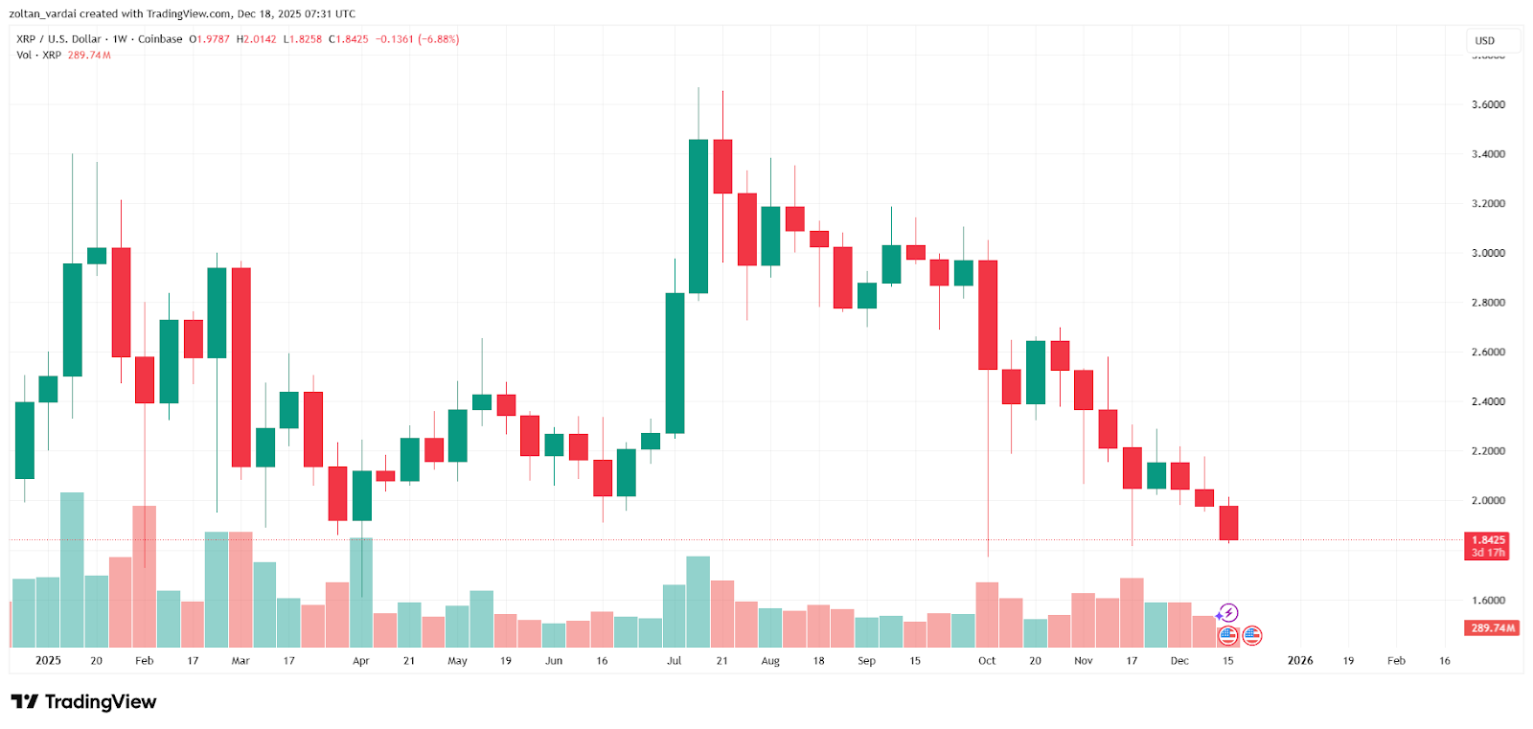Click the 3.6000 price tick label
(1487, 104)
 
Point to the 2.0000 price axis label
(1487, 500)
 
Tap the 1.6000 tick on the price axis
(1487, 601)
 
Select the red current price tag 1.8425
(1487, 540)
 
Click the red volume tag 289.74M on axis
(1492, 628)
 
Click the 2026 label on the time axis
(1299, 661)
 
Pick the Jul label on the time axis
(675, 661)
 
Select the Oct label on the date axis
(987, 661)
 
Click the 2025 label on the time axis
(48, 661)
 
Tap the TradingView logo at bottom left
(83, 702)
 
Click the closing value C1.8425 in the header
(349, 39)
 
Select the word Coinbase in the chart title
(160, 39)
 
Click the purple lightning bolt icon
(1228, 613)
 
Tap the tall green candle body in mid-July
(698, 216)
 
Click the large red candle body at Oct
(987, 314)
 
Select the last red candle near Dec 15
(1228, 523)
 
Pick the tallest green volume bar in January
(72, 569)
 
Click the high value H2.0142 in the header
(257, 39)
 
